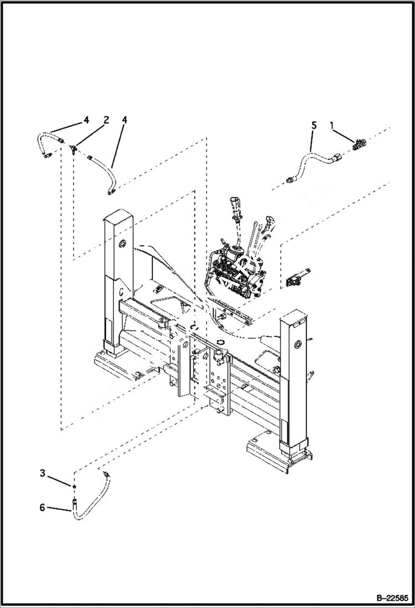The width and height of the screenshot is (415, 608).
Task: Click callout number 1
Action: point(332,126)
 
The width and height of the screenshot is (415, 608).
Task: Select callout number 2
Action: point(106,120)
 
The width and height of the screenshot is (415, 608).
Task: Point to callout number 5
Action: point(314,126)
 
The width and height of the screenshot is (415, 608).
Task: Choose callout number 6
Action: point(42,507)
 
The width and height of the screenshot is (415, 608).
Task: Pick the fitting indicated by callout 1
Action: point(358,144)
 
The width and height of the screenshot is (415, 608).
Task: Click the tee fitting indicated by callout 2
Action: point(73,148)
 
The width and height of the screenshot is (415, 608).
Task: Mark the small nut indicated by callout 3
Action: point(73,486)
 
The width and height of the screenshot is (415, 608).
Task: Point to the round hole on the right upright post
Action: point(299,344)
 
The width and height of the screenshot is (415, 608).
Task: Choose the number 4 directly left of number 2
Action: point(86,120)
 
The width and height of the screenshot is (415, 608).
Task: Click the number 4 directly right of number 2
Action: point(125,120)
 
